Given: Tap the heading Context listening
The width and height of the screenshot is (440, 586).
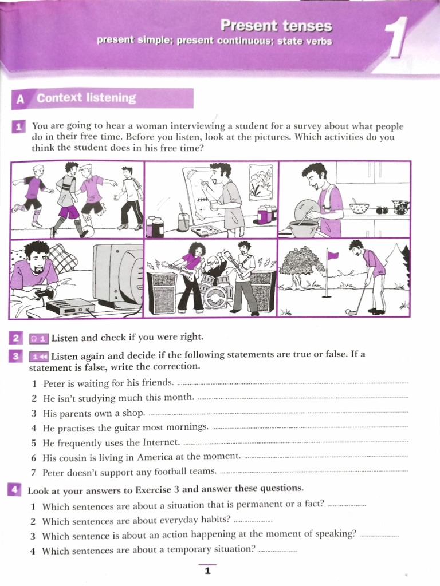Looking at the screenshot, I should pyautogui.click(x=87, y=98).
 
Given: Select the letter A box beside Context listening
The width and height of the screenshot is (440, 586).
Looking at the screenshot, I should pyautogui.click(x=21, y=99).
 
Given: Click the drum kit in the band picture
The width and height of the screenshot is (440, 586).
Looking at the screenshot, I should pyautogui.click(x=216, y=293).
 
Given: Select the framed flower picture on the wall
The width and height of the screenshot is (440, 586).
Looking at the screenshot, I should pyautogui.click(x=261, y=183).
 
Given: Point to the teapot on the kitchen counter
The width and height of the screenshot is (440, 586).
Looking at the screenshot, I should pyautogui.click(x=400, y=206).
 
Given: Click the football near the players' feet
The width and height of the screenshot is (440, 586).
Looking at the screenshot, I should pyautogui.click(x=84, y=233).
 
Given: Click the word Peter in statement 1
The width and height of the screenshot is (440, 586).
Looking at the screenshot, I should pyautogui.click(x=54, y=382).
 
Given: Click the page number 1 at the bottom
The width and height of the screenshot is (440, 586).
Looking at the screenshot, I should pyautogui.click(x=207, y=571).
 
